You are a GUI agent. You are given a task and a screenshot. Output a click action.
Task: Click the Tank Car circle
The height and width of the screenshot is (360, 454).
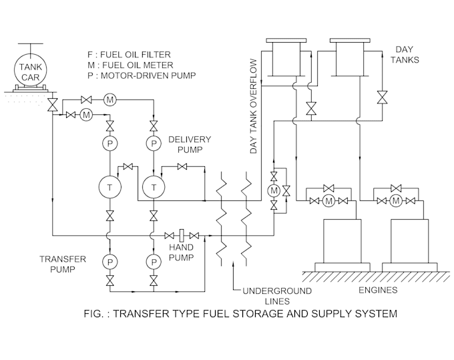click(30, 67)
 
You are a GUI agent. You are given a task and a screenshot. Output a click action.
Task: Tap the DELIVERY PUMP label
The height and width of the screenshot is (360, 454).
click(190, 144)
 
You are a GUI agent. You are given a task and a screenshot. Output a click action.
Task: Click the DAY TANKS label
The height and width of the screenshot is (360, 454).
click(406, 55)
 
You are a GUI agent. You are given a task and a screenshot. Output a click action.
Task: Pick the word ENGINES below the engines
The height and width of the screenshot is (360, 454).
click(377, 290)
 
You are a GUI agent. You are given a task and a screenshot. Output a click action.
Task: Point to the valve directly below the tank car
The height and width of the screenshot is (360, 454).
click(53, 106)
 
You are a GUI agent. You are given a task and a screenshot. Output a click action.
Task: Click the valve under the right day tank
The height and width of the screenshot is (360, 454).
click(382, 96)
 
